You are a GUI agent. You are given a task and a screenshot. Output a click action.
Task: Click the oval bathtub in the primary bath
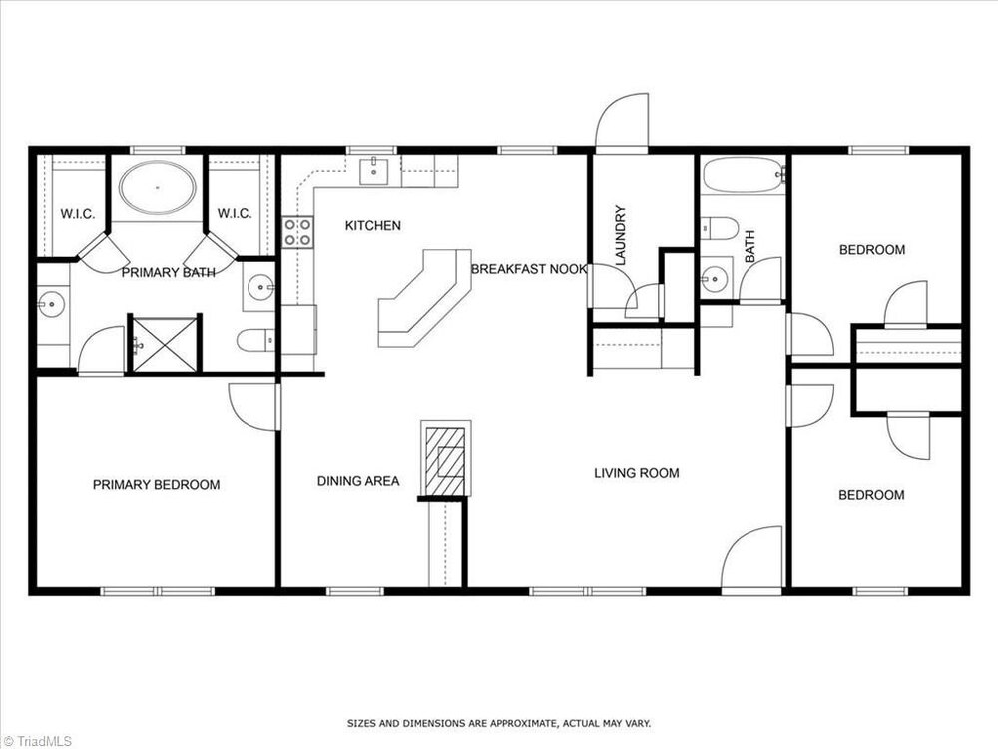tap(158, 188)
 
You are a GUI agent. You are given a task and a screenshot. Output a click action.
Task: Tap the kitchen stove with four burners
tap(297, 232)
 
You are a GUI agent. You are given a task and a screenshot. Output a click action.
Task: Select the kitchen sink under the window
tap(374, 171)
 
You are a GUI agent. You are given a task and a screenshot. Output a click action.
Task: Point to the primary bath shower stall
tap(165, 344)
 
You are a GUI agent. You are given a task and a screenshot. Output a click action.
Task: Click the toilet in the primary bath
tap(255, 340)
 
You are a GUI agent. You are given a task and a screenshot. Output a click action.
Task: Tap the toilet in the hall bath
tap(720, 228)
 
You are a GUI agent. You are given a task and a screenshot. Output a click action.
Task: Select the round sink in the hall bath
tap(715, 278)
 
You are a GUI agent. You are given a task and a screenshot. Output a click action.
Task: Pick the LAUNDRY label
tap(621, 235)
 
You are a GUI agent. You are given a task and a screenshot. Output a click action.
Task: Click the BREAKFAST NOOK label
tap(528, 269)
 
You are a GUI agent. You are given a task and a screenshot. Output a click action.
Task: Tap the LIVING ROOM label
tap(637, 473)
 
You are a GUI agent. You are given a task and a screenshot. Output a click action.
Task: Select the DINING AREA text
tap(358, 481)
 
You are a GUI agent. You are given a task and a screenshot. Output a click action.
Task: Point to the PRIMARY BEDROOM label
tap(157, 485)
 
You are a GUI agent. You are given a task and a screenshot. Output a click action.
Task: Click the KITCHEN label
tap(373, 225)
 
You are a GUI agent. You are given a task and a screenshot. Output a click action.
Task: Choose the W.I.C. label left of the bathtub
tap(78, 214)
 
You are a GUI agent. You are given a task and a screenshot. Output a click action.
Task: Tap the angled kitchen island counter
tap(425, 298)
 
